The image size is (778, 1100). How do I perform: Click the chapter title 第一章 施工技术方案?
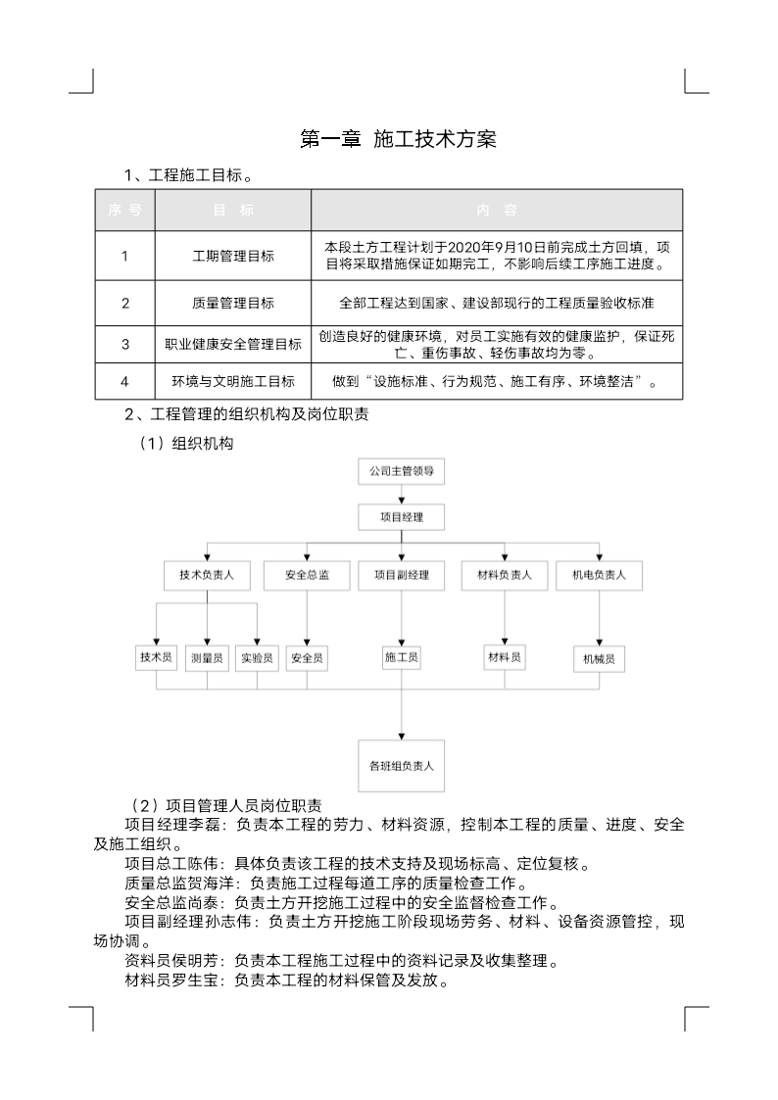[398, 139]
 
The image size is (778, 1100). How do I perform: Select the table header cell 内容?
[497, 211]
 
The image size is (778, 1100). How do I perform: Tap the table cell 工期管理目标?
[233, 257]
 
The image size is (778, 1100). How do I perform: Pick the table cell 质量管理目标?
[233, 303]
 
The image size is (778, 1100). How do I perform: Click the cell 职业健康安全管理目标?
[233, 344]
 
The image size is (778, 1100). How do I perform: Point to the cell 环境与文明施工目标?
[233, 381]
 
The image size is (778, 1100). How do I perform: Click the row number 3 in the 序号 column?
[125, 344]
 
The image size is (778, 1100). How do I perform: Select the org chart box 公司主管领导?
[401, 471]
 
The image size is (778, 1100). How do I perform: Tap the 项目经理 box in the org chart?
[401, 516]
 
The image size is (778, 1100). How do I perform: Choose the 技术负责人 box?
[207, 575]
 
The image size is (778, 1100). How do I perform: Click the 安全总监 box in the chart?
[307, 575]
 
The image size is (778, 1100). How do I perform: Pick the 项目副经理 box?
[401, 575]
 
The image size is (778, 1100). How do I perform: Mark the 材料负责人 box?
[504, 575]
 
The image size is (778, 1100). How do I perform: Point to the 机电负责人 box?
[599, 575]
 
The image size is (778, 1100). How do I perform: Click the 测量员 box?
[207, 658]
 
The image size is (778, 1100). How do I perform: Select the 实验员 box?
[257, 658]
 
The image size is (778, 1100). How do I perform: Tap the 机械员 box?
[599, 659]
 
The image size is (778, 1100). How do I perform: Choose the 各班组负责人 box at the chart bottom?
[401, 765]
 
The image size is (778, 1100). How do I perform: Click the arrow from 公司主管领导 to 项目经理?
[401, 494]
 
